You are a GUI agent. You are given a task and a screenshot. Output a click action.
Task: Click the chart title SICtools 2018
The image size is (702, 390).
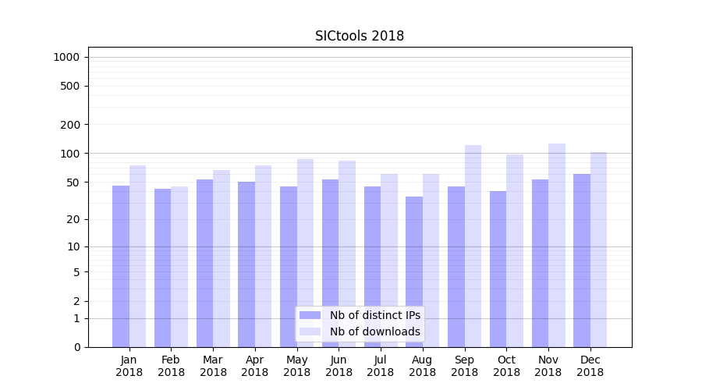[360, 36]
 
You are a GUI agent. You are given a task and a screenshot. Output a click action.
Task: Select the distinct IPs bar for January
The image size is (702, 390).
[121, 266]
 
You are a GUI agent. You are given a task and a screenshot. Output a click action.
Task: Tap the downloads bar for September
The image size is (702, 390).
[473, 246]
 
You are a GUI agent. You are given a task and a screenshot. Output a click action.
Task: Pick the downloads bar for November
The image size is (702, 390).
[557, 245]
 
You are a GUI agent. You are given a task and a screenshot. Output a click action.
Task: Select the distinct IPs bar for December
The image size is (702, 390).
[582, 261]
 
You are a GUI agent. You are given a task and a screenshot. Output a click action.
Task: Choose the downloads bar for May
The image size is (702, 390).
[305, 253]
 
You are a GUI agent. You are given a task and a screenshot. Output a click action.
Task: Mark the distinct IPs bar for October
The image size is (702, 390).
[498, 269]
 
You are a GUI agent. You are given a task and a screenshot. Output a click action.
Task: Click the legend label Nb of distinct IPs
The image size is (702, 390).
[374, 315]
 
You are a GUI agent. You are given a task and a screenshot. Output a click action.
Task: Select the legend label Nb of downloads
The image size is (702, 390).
[374, 331]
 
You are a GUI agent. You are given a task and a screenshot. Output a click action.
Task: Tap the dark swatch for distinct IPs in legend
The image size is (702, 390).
[310, 315]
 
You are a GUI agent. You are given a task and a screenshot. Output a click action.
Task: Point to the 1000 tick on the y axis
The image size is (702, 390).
[66, 57]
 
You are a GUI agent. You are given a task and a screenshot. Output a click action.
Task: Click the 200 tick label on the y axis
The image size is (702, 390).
[70, 125]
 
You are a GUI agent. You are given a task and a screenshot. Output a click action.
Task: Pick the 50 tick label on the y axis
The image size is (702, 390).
[73, 183]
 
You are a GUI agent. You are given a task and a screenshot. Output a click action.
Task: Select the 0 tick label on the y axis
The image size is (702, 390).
[76, 347]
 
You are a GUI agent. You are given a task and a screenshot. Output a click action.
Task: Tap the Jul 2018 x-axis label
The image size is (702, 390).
[381, 366]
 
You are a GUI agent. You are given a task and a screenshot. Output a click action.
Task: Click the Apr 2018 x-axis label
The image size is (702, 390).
[255, 366]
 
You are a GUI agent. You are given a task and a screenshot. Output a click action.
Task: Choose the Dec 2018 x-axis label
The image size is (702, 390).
[590, 366]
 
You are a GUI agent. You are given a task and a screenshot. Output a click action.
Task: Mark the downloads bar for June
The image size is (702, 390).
[347, 253]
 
